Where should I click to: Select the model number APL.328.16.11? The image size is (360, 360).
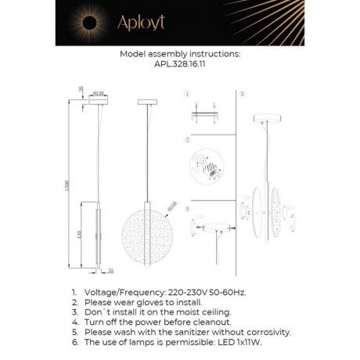point(180,66)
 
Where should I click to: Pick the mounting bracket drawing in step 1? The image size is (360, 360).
point(205,115)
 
